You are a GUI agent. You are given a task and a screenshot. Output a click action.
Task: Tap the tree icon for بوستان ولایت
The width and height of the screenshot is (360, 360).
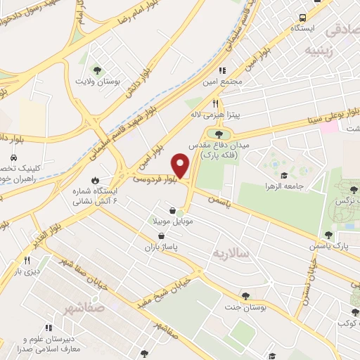(97, 69)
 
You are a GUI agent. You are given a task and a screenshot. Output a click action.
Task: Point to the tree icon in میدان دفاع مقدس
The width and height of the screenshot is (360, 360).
(219, 134)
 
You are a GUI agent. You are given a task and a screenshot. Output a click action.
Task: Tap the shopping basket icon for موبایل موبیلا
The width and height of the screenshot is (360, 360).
(172, 210)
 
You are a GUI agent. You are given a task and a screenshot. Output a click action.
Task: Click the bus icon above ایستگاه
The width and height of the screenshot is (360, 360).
(303, 17)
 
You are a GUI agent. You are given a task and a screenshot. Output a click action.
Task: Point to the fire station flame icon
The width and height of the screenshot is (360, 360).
(95, 179)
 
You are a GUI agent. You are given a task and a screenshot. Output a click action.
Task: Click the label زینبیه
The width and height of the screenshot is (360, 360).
(314, 50)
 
